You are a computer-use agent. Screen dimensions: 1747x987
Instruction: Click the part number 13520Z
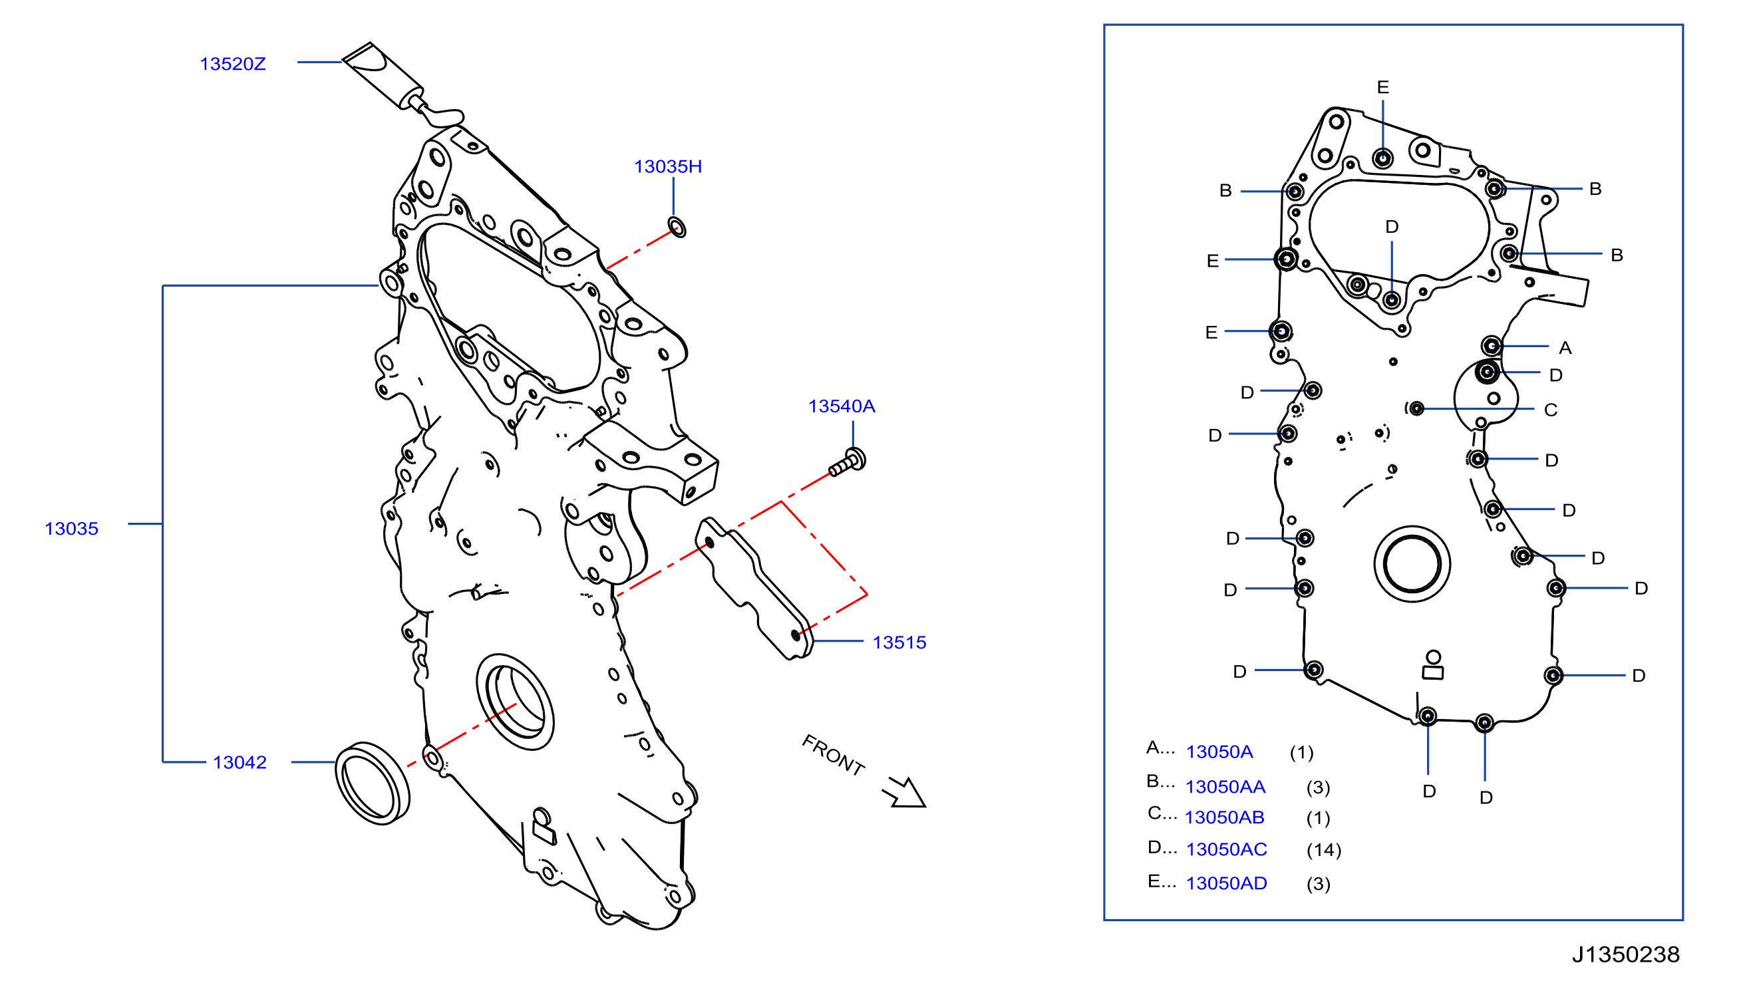click(x=233, y=64)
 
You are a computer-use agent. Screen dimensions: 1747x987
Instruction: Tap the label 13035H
click(x=667, y=167)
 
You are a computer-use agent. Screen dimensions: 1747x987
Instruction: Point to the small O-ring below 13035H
click(x=677, y=227)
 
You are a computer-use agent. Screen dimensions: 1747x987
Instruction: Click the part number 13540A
click(x=842, y=406)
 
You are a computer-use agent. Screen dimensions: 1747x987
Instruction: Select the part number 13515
click(x=899, y=642)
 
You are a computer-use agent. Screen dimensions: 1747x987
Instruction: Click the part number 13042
click(x=239, y=763)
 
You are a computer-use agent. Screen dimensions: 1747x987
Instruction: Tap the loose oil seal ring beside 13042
click(x=373, y=783)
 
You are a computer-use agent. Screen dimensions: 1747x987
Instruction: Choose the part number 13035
click(x=71, y=529)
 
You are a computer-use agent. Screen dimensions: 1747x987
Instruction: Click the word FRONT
click(x=834, y=754)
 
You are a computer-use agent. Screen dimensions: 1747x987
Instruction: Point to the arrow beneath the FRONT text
click(x=905, y=793)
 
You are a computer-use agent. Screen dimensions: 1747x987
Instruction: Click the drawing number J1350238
click(x=1626, y=954)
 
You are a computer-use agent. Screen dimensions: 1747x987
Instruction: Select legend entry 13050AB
click(x=1224, y=817)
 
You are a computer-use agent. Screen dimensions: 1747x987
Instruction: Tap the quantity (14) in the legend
click(x=1324, y=850)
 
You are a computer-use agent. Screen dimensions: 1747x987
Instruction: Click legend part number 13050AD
click(x=1226, y=883)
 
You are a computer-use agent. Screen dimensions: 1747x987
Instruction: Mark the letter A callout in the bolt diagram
click(x=1565, y=348)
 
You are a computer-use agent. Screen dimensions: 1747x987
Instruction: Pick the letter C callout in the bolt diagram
click(x=1551, y=410)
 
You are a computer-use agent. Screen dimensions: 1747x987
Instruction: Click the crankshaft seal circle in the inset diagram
click(x=1412, y=564)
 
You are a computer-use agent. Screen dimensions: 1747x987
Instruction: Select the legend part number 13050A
click(x=1219, y=752)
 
